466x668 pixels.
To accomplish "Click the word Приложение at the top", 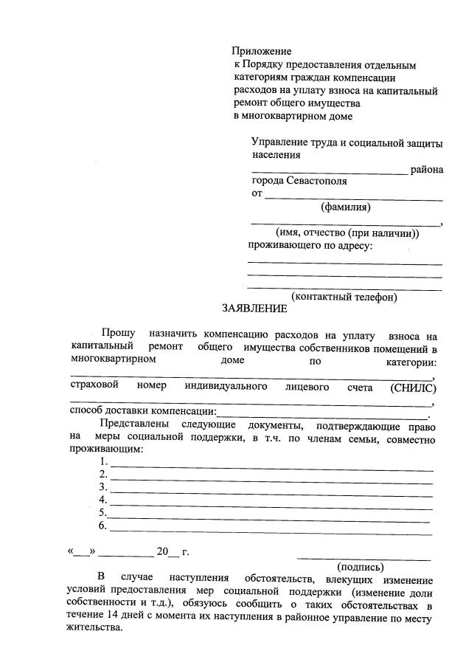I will tap(262, 52).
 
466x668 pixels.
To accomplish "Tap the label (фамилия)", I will tap(345, 207).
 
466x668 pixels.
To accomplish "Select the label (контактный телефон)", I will tap(344, 297).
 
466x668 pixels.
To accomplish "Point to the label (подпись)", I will tap(360, 567).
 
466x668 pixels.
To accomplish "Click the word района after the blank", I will tap(428, 169).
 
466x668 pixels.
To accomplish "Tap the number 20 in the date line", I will tap(163, 551).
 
